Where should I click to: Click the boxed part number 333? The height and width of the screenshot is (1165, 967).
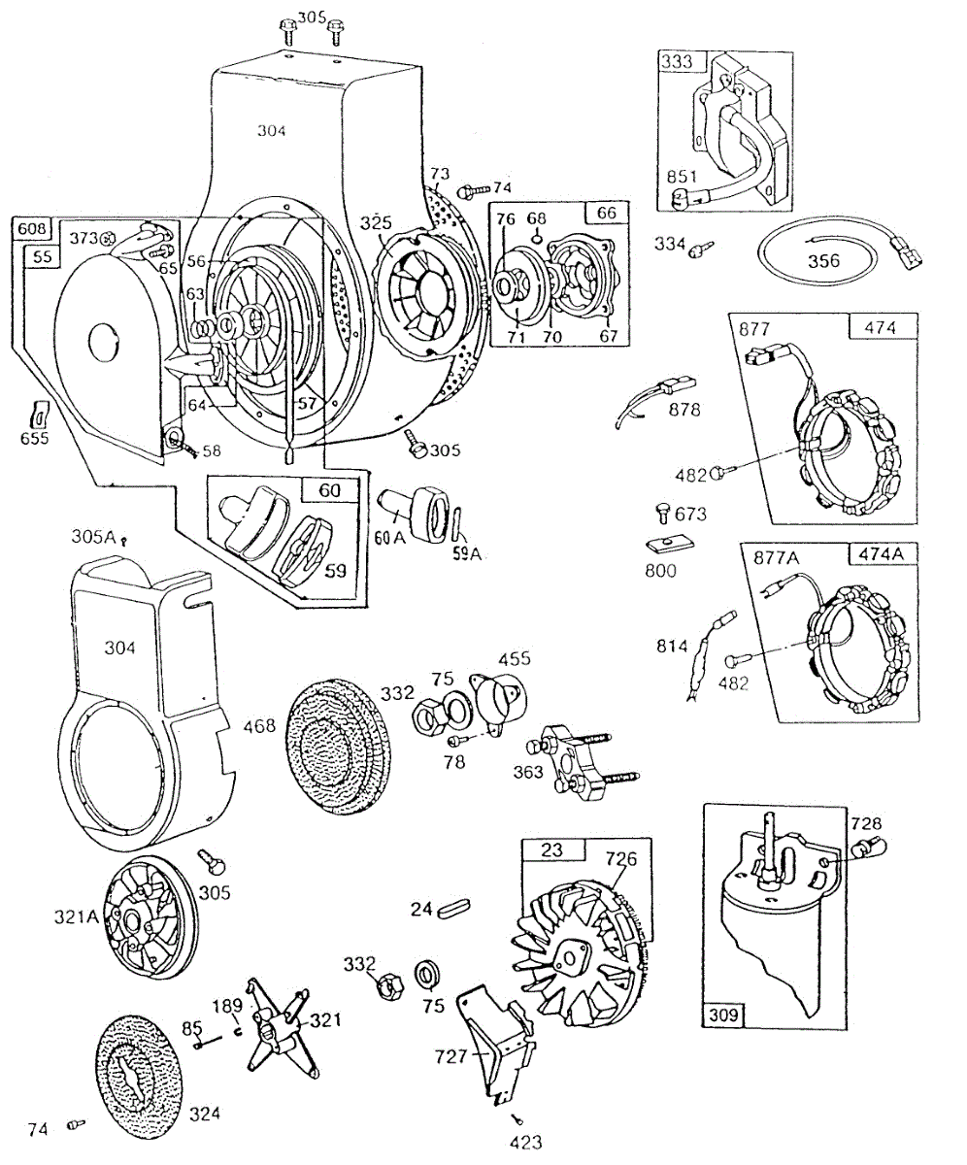click(677, 61)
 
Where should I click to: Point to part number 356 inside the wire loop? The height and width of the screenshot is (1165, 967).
click(823, 261)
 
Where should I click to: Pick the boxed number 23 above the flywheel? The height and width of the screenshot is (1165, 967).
click(551, 849)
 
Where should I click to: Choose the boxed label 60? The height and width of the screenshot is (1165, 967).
click(330, 491)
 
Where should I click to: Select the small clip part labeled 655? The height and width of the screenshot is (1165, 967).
click(39, 415)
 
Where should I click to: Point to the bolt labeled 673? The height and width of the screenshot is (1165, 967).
click(662, 511)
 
